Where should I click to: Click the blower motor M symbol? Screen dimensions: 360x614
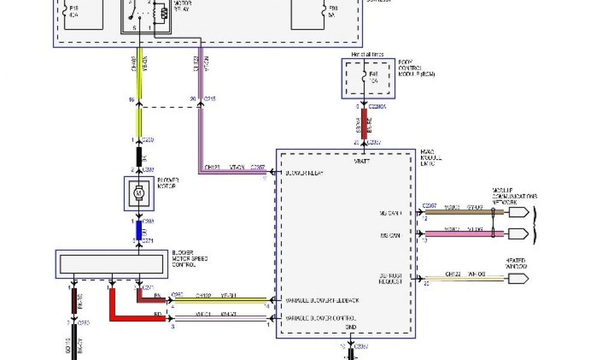(139, 193)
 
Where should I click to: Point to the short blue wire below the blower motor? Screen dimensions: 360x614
(139, 230)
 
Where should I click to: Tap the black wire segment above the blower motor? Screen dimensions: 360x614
(139, 156)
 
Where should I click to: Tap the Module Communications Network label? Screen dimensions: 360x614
(514, 197)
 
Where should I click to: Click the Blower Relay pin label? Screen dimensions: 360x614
(304, 173)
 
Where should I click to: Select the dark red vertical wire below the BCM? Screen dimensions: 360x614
(363, 124)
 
